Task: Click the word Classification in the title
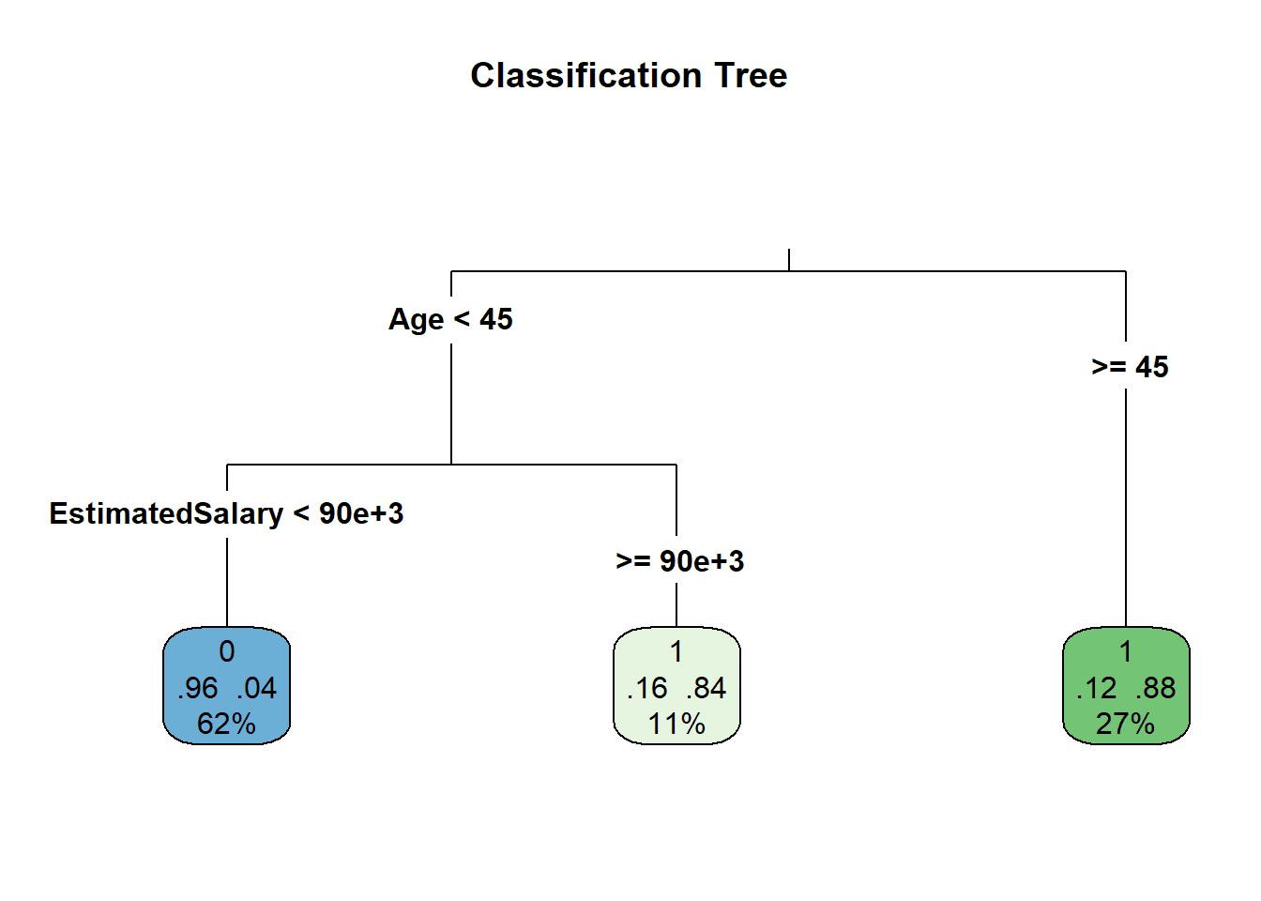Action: click(586, 75)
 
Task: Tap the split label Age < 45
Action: click(450, 319)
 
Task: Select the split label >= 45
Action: click(1130, 367)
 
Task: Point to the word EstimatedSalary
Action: click(166, 513)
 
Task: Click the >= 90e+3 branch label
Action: click(679, 561)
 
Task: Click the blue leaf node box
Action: click(227, 685)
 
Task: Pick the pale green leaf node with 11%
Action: click(676, 685)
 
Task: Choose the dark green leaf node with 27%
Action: click(1126, 685)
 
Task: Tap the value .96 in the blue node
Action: click(197, 688)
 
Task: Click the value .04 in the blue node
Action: click(257, 688)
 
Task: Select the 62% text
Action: click(226, 724)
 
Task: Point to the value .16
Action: click(646, 688)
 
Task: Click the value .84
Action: click(706, 688)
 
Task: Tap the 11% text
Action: click(676, 724)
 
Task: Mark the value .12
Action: click(1096, 688)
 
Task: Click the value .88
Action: click(1156, 688)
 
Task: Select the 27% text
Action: click(1125, 724)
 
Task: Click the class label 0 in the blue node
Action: click(227, 651)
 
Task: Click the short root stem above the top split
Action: click(789, 260)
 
